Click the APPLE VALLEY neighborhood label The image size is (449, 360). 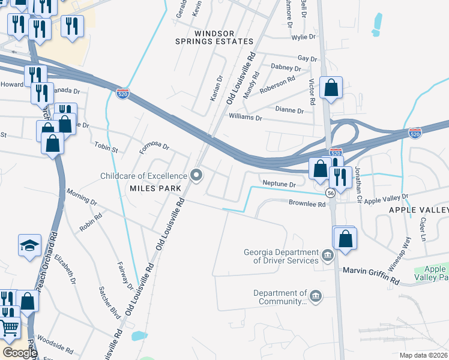point(418,209)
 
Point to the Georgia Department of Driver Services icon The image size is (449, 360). point(328,256)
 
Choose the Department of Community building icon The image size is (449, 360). point(315,296)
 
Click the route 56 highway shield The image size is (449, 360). point(330,193)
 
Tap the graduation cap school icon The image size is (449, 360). point(29,245)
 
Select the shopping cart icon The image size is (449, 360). point(9,328)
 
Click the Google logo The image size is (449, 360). point(20,353)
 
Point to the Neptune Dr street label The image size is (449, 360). point(279,184)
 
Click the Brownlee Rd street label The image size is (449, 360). point(309,204)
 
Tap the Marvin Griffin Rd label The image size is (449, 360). point(371,271)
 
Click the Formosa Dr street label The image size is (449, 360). point(154,146)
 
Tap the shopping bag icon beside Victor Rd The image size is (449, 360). point(331,88)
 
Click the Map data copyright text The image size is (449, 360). point(423,355)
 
